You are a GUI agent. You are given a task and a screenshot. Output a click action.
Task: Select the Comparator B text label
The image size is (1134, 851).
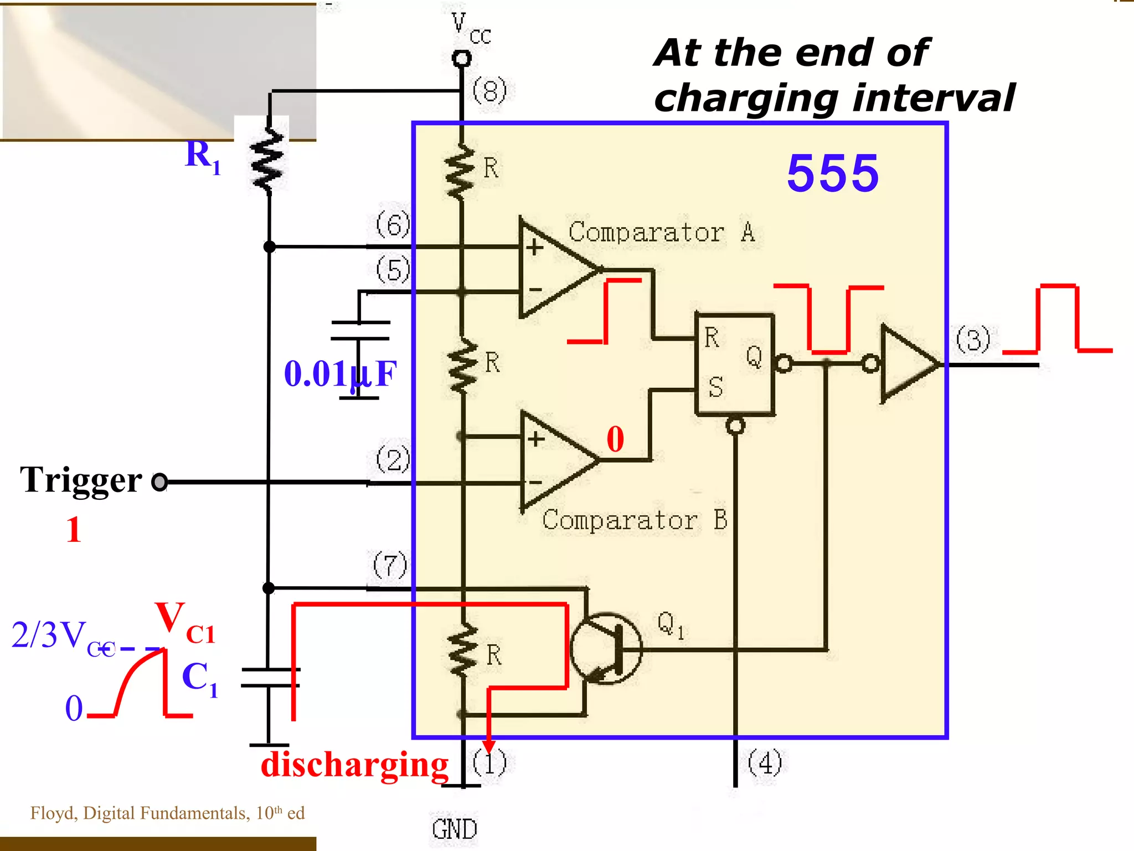click(635, 520)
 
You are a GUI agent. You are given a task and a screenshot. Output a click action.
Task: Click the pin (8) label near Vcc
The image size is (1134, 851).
click(489, 91)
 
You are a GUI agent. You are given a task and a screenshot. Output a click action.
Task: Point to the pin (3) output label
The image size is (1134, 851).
click(973, 340)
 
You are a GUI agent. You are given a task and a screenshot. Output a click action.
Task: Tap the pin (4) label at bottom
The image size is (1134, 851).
click(765, 763)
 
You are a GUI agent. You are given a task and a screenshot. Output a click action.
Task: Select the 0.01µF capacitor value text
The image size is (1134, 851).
click(340, 373)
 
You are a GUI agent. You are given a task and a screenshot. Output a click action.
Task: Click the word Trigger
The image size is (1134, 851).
click(81, 480)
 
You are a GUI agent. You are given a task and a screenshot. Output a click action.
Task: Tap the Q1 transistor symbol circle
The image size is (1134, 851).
click(606, 648)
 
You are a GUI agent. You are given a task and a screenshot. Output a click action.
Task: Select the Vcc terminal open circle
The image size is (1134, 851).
click(461, 58)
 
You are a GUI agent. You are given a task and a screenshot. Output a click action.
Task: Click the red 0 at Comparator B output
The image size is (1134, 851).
click(615, 439)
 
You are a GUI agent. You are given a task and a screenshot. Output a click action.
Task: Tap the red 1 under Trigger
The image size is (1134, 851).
click(74, 530)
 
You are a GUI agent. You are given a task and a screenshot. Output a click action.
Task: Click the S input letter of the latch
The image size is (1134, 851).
click(715, 387)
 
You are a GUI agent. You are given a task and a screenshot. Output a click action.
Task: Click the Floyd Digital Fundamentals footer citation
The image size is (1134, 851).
click(167, 813)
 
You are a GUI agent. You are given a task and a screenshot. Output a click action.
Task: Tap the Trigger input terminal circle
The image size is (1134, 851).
click(159, 482)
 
